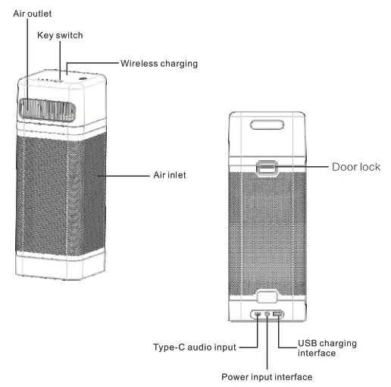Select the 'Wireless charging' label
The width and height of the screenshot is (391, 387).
coord(159,64)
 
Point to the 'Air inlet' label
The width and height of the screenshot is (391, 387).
coord(165,175)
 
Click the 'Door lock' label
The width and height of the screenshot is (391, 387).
coord(355,166)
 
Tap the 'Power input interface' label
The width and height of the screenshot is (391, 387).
coord(266,376)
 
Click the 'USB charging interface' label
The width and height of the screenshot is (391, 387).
coord(327,348)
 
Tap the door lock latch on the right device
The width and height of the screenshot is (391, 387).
coord(266,168)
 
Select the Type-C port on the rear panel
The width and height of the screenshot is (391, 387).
coord(258,314)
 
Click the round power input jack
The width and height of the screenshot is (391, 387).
coord(267,314)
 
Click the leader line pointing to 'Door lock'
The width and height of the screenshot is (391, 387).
coord(303,166)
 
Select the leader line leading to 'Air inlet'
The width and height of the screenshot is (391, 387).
coord(121,175)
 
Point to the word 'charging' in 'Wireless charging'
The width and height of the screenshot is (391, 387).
coord(178,64)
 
